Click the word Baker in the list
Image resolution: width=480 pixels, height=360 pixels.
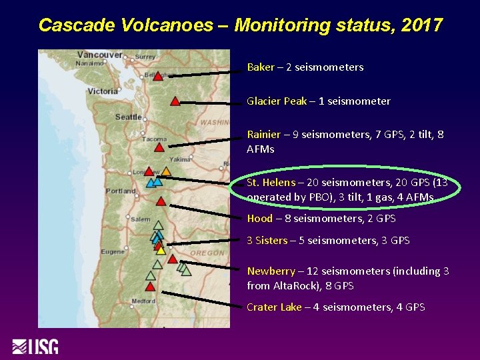(261, 67)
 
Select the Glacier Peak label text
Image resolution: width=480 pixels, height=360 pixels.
(277, 101)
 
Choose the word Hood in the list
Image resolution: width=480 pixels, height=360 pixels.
(259, 219)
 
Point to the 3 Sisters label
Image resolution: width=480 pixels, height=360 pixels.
(267, 241)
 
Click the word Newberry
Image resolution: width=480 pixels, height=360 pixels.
(271, 271)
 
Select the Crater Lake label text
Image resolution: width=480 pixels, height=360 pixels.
(274, 307)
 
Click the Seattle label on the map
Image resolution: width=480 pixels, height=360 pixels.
(128, 117)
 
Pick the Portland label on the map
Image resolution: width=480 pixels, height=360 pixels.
(121, 190)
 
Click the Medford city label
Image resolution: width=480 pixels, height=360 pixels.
(143, 301)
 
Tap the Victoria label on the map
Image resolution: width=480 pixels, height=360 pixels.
(103, 91)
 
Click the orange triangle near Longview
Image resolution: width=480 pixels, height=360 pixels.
(165, 171)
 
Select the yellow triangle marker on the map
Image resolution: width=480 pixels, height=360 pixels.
(161, 251)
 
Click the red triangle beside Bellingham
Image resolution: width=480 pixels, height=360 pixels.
(158, 76)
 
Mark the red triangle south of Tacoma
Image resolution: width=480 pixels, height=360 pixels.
(159, 147)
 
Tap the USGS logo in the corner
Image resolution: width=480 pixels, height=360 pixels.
(35, 347)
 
